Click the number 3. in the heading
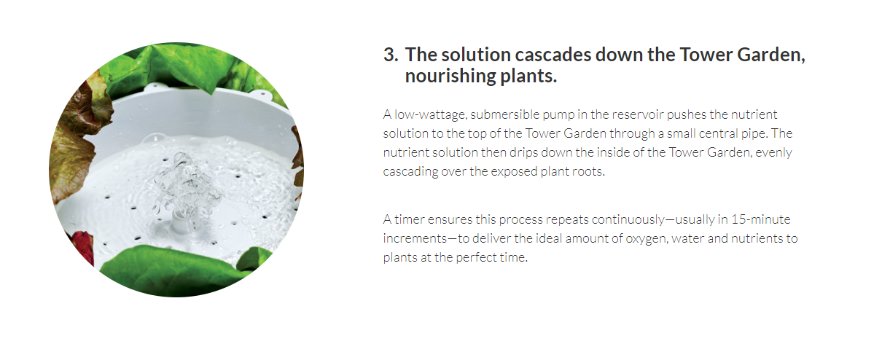[x=391, y=55]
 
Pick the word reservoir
[x=638, y=114]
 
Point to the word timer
[x=409, y=219]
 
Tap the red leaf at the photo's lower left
[x=81, y=246]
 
